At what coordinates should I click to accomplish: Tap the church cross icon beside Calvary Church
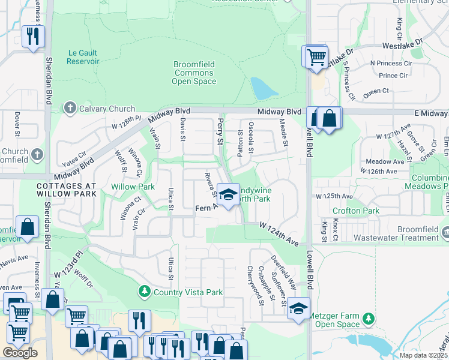[x=70, y=109]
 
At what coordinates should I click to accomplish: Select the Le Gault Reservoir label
[x=82, y=57]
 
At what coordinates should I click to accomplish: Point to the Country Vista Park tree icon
[x=144, y=292]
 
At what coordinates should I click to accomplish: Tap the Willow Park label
[x=133, y=187]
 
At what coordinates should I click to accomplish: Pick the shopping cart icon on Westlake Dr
[x=316, y=57]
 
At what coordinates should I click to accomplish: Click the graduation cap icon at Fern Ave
[x=228, y=194]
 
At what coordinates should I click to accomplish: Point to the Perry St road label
[x=220, y=131]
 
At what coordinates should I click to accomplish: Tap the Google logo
[x=20, y=353]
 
